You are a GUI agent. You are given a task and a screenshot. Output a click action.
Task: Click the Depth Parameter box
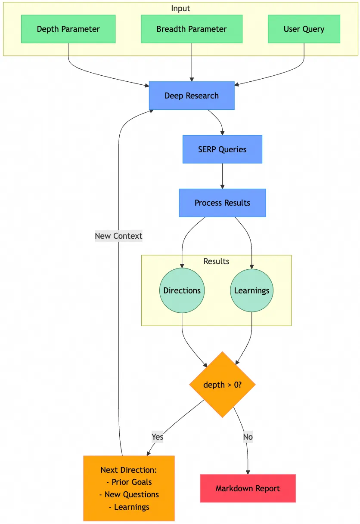pos(68,29)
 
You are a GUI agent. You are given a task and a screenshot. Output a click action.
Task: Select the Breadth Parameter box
pos(192,29)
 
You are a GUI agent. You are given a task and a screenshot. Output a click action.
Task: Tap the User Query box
pos(304,29)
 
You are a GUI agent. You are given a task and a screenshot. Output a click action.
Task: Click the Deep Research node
pos(192,96)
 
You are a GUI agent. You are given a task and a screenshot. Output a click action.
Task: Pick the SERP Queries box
pos(222,149)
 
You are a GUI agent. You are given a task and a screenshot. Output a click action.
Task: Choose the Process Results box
pos(222,203)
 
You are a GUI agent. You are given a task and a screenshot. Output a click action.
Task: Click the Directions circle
pos(182,290)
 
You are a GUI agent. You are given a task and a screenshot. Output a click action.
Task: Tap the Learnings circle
pos(252,290)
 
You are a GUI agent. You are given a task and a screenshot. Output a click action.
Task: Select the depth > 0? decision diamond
pos(222,385)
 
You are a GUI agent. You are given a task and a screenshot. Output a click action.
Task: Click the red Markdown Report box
pos(248,488)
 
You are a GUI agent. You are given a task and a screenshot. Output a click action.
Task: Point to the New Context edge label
pos(118,236)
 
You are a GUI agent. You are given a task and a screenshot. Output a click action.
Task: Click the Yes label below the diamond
pos(158,437)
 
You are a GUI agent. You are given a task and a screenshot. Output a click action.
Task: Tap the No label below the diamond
pos(248,437)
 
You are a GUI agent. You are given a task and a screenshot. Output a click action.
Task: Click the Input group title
pos(180,9)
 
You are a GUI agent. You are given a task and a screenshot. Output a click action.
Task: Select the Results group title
pos(216,262)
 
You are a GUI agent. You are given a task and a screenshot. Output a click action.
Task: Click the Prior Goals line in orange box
pos(129,482)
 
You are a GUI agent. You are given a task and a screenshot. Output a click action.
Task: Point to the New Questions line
pos(129,495)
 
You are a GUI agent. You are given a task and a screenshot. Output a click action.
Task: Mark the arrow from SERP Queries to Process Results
pos(222,176)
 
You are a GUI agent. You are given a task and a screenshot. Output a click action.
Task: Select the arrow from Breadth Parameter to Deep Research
pos(192,62)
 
